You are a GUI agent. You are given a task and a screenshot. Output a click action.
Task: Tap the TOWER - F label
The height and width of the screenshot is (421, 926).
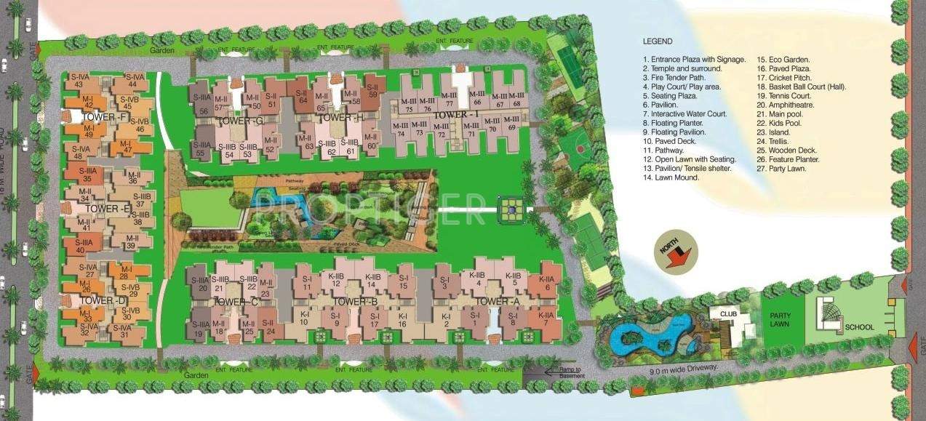point(106,116)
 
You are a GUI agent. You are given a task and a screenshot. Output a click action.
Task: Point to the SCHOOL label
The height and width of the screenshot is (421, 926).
point(859,327)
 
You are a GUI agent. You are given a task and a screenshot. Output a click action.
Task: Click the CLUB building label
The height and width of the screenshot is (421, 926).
point(729,314)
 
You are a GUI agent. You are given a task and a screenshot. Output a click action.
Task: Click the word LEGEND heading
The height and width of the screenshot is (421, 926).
point(658,41)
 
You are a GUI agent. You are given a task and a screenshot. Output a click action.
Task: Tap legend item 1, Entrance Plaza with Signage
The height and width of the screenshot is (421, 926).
point(694,60)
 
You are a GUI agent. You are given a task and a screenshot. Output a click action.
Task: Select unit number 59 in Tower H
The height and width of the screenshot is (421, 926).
point(372,93)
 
